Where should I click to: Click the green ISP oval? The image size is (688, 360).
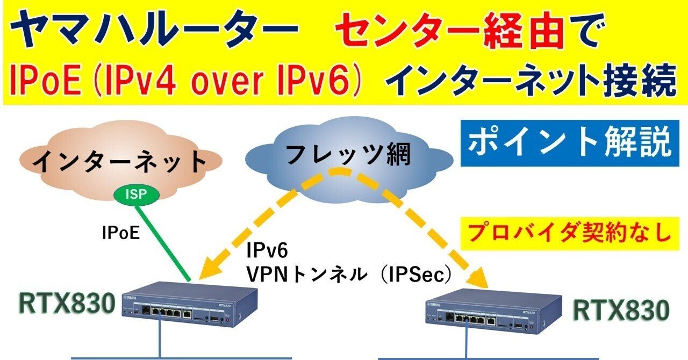pyautogui.click(x=134, y=195)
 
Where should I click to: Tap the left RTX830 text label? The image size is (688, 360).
pyautogui.click(x=67, y=304)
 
